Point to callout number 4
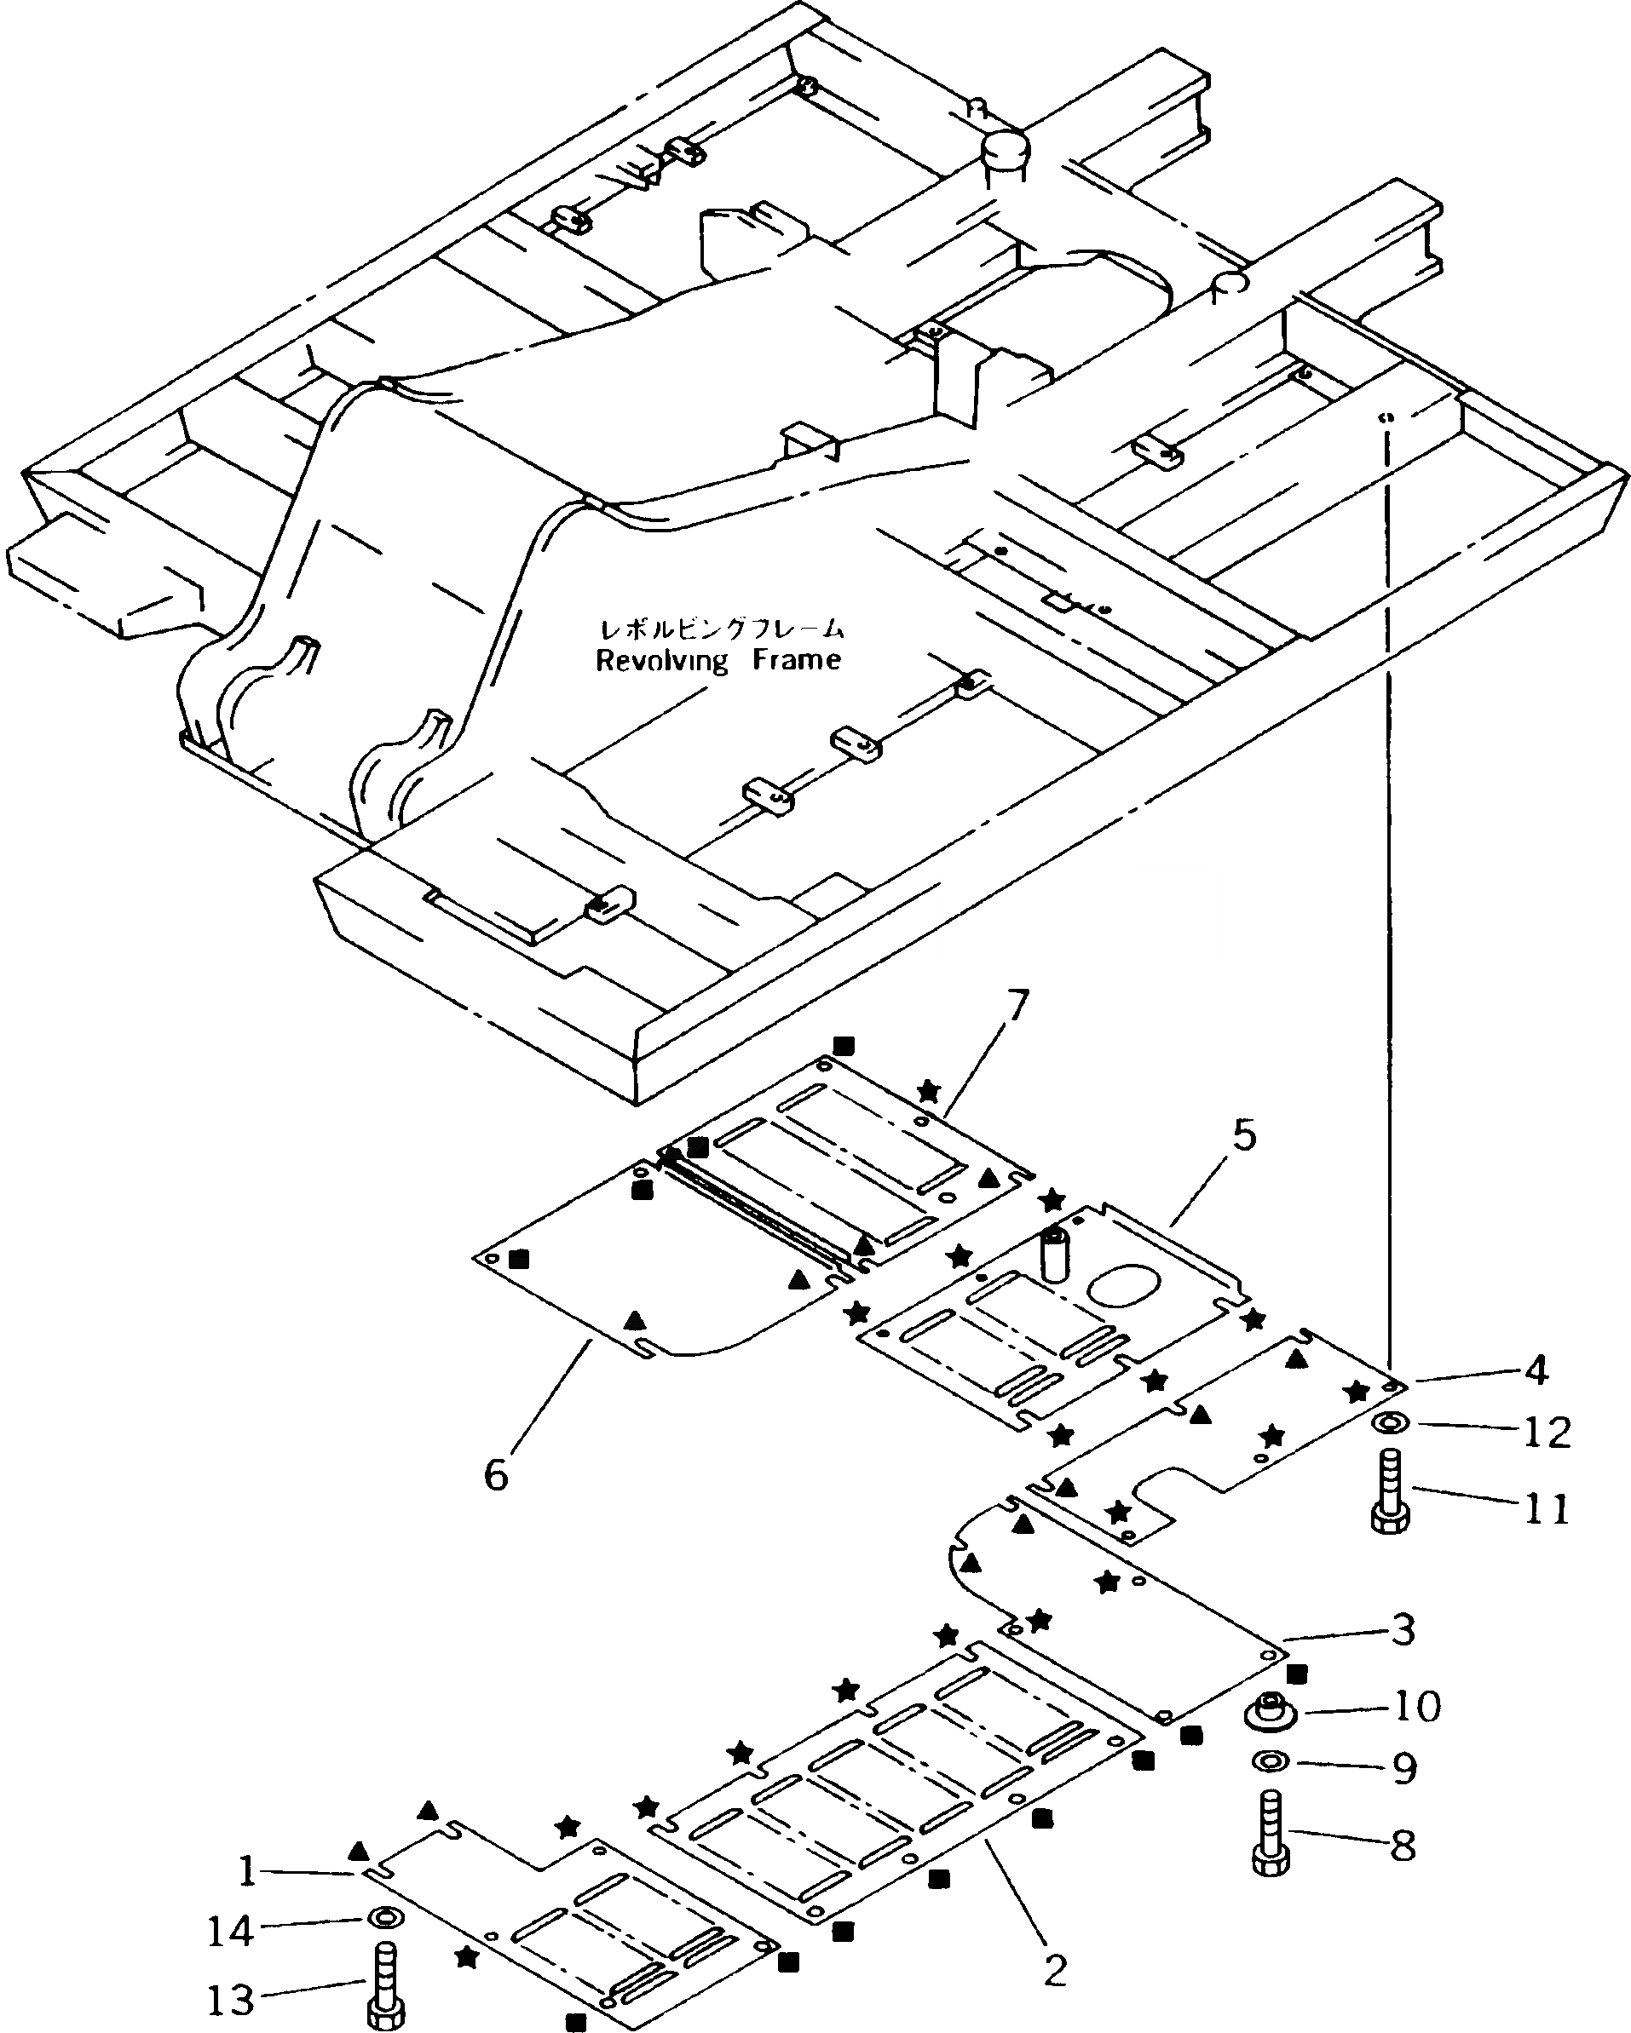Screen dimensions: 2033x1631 (1536, 1370)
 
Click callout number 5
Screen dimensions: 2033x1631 (1244, 1136)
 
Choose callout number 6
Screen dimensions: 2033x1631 (496, 1473)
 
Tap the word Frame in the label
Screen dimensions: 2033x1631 (797, 660)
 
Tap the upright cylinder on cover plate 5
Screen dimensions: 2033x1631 (1052, 1254)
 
